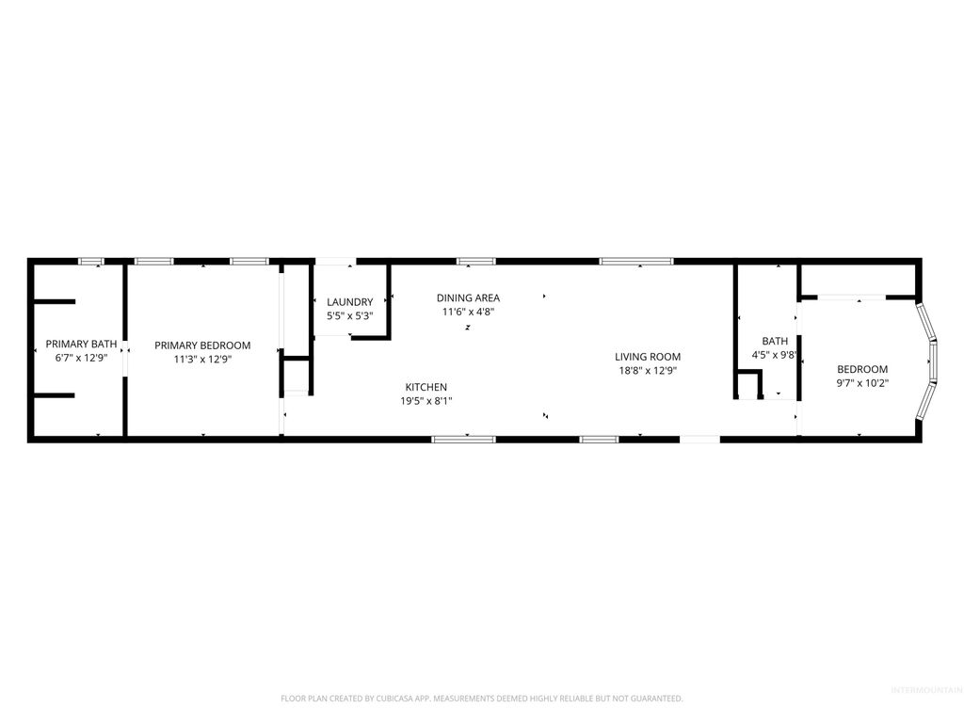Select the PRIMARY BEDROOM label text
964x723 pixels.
point(202,345)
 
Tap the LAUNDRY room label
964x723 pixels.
point(349,302)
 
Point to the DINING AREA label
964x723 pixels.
point(468,297)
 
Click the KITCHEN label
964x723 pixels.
point(426,387)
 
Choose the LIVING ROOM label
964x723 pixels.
point(648,357)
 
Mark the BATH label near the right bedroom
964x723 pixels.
point(775,341)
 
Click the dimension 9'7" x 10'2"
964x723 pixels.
point(861,383)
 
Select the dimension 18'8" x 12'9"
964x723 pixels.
point(648,371)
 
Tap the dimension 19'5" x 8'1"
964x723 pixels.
point(426,401)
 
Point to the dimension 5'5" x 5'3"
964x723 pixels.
point(349,316)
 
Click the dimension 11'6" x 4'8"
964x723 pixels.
point(468,312)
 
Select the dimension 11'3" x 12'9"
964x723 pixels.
point(202,360)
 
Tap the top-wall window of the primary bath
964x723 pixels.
point(91,261)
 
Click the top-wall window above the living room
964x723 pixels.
point(636,261)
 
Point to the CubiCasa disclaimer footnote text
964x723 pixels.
point(481,699)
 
